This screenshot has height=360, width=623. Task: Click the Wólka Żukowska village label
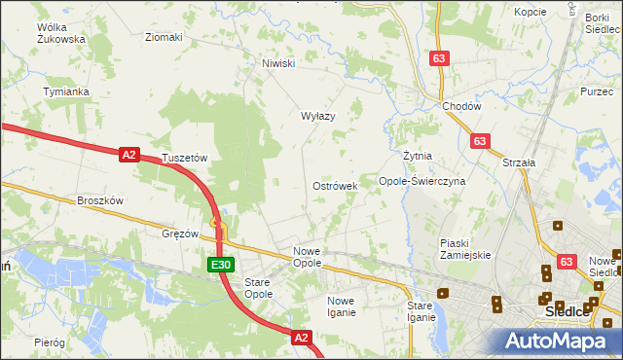(61, 33)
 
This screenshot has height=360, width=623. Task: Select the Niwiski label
(277, 63)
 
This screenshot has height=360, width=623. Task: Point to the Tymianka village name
(66, 91)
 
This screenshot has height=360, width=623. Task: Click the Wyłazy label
(317, 116)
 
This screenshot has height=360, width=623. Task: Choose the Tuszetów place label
(185, 157)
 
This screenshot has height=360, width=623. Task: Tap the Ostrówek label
(335, 185)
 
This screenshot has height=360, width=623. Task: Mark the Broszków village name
(99, 200)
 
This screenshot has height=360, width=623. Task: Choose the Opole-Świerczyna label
(422, 181)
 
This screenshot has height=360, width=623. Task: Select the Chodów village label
(461, 106)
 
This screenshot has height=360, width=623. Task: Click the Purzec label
(597, 90)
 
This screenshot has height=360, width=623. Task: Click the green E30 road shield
(220, 264)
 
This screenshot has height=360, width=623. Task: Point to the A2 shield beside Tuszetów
(130, 153)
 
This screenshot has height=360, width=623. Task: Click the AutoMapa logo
(560, 341)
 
